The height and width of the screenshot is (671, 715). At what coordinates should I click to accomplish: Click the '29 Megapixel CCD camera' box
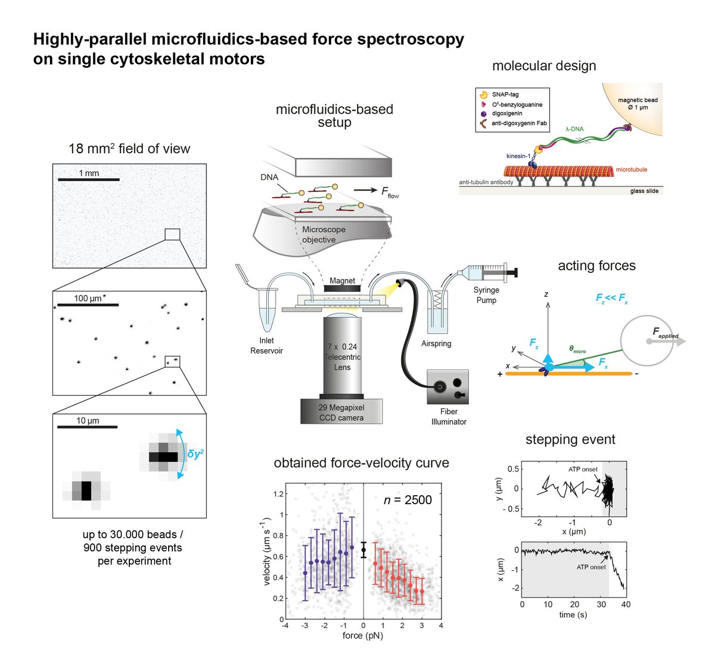click(x=341, y=412)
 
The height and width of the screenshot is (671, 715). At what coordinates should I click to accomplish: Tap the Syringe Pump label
click(x=486, y=295)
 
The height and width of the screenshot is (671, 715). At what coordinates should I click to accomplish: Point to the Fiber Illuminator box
click(x=448, y=388)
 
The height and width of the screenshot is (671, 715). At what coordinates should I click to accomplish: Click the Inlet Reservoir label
click(x=266, y=346)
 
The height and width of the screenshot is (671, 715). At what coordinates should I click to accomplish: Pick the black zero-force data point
click(x=363, y=549)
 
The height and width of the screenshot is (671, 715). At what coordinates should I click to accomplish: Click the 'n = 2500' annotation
click(x=408, y=500)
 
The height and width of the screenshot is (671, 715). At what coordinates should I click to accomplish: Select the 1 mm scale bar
click(x=88, y=179)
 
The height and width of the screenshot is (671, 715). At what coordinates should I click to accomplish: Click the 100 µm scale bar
click(x=88, y=305)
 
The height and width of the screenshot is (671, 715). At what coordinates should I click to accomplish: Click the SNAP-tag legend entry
click(x=505, y=94)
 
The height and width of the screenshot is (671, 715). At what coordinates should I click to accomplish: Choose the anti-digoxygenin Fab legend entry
click(x=519, y=123)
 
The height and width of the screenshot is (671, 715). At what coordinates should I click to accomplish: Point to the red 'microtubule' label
click(x=631, y=170)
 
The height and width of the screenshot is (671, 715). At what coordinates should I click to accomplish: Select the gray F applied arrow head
click(x=680, y=341)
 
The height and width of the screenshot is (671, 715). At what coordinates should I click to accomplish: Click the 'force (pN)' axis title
click(x=362, y=635)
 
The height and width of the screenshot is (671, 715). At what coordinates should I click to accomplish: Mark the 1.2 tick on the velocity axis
click(x=278, y=493)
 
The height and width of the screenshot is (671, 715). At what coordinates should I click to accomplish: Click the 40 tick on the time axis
click(x=625, y=604)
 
